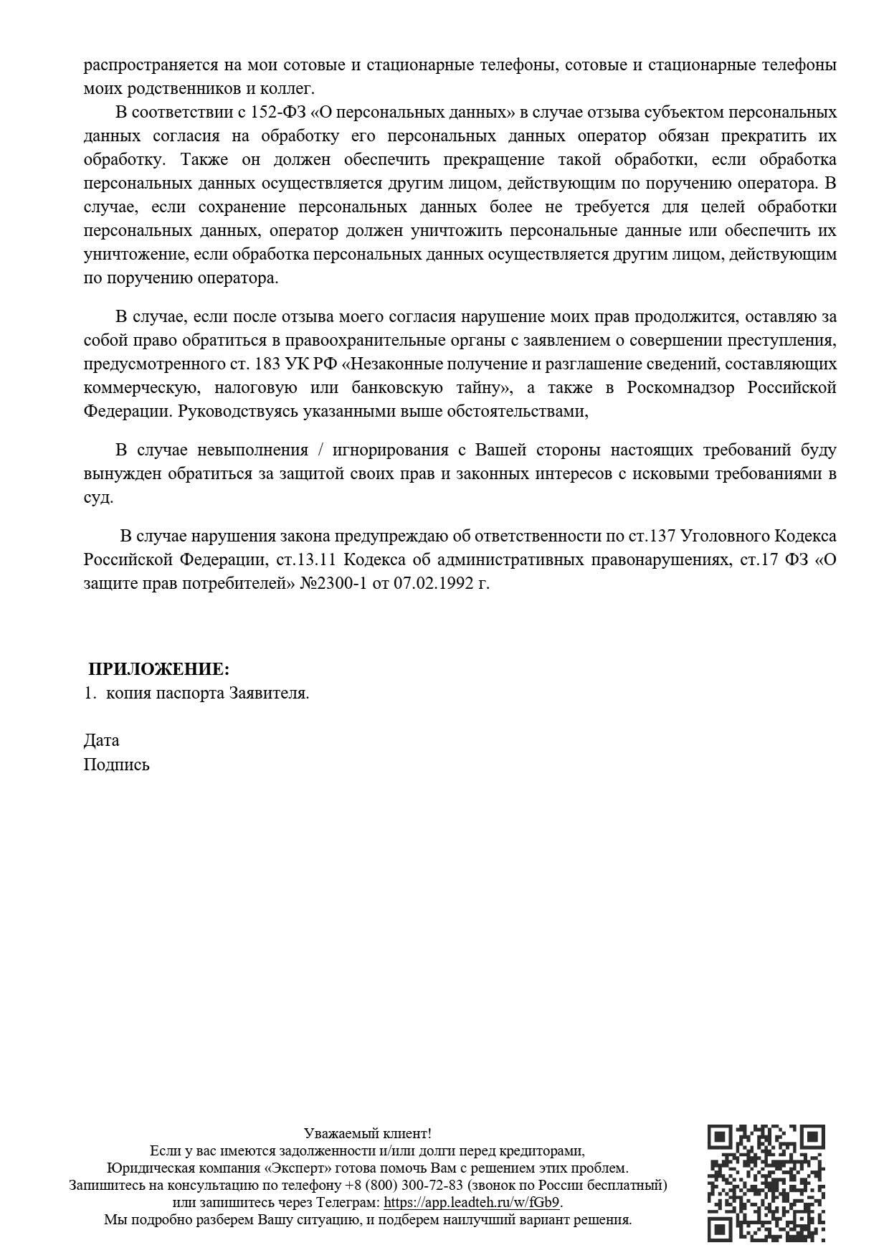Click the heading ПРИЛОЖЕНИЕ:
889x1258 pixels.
coord(158,669)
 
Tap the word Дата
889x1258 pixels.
coord(101,739)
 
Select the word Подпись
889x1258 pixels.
coord(116,764)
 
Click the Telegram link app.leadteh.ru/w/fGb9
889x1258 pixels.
coord(472,1202)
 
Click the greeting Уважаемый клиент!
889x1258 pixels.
coord(367,1133)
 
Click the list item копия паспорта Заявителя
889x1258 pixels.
coord(207,693)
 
